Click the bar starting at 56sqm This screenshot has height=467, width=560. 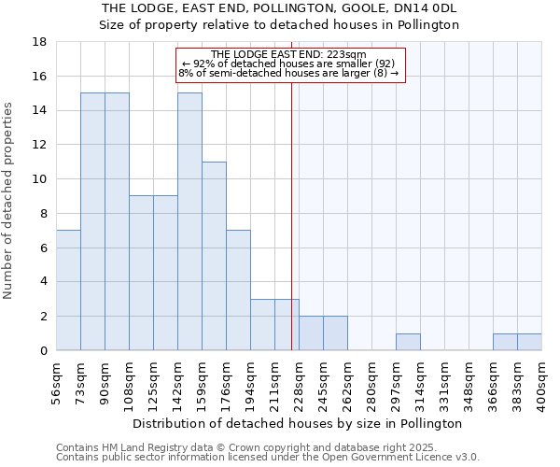coord(68,290)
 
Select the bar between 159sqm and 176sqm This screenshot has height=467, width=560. coord(214,256)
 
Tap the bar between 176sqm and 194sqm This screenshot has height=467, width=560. coord(238,290)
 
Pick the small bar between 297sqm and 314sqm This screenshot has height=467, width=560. coord(408,342)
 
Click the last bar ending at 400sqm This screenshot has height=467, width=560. coord(529,342)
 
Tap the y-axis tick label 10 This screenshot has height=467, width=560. coord(40,179)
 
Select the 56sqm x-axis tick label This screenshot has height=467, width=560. coord(57,377)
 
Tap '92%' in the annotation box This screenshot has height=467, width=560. coord(205,64)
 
